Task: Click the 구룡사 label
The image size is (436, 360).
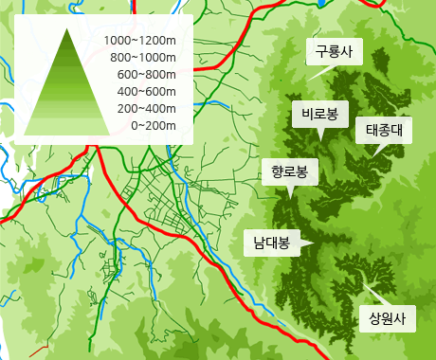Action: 334,53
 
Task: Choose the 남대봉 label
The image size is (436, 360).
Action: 270,243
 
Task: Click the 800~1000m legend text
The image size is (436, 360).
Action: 144,57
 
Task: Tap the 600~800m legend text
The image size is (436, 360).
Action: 147,74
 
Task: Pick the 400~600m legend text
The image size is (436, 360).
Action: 147,91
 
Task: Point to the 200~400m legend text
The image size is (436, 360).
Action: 147,108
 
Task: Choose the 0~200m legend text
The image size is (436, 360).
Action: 154,125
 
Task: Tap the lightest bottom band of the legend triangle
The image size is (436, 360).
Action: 69,127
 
